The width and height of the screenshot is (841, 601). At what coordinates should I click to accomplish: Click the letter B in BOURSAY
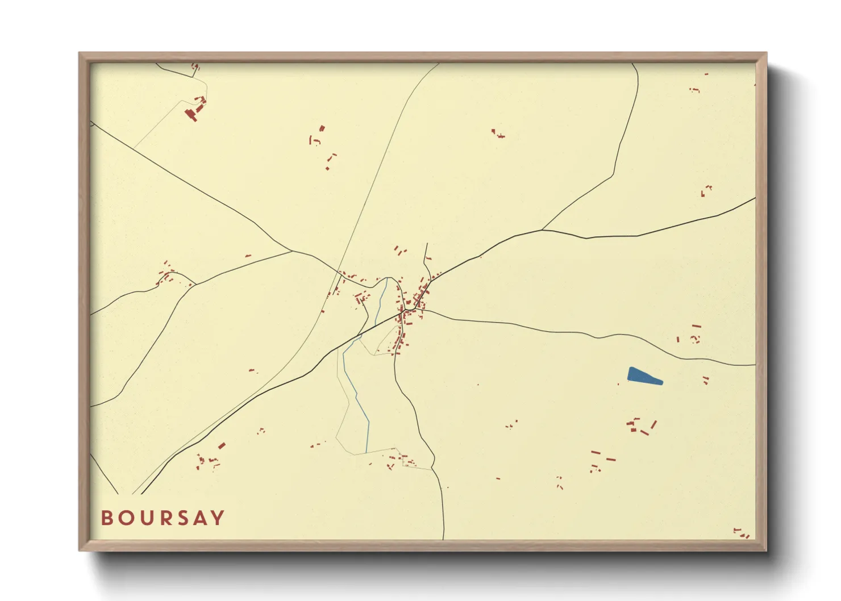(x=107, y=518)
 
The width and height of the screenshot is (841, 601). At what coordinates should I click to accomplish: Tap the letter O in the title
(x=126, y=518)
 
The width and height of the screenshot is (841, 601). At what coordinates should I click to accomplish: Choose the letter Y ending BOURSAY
(x=218, y=518)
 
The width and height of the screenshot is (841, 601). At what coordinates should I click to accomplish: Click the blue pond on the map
(x=643, y=376)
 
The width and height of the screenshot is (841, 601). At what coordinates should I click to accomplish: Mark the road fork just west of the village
(x=292, y=251)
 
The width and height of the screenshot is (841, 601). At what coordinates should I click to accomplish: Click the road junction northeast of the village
(x=542, y=229)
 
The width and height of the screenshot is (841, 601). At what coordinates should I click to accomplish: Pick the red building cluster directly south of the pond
(x=641, y=426)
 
